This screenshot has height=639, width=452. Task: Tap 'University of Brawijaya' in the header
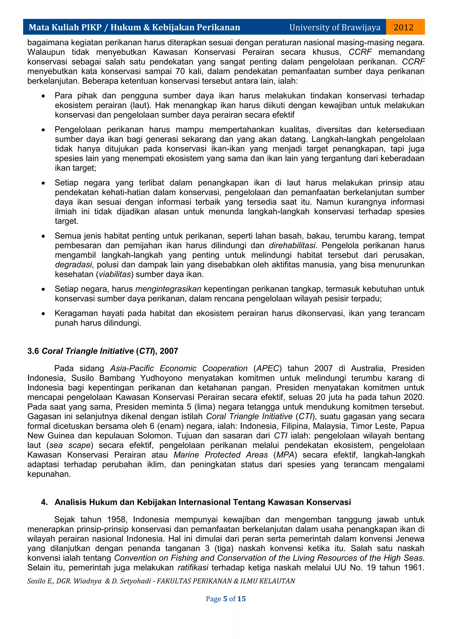tap(335, 27)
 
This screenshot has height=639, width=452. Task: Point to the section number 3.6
tap(33, 351)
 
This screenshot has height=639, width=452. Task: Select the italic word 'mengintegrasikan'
tap(168, 289)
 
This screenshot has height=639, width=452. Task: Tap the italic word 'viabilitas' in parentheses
tap(115, 274)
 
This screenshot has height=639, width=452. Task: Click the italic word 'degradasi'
tap(73, 265)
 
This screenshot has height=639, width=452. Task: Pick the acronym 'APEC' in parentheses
tap(267, 368)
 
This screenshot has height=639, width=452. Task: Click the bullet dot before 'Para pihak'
tap(43, 96)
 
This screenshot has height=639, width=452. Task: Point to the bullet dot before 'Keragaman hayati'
tap(43, 314)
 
